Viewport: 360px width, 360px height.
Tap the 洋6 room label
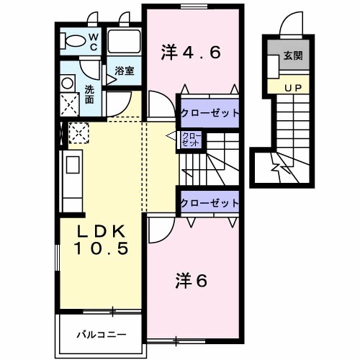191,281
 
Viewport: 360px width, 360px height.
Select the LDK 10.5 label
103,240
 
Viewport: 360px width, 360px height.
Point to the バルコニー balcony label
102,335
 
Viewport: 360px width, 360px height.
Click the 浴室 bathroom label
125,71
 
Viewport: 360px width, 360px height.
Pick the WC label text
94,41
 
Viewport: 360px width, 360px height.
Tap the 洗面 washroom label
89,95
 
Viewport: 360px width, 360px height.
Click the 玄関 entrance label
292,56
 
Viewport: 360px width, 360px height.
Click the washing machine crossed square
70,104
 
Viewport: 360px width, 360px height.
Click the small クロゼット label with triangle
191,138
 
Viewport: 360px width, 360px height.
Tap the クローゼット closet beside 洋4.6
209,112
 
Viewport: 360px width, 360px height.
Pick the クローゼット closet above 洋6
209,202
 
